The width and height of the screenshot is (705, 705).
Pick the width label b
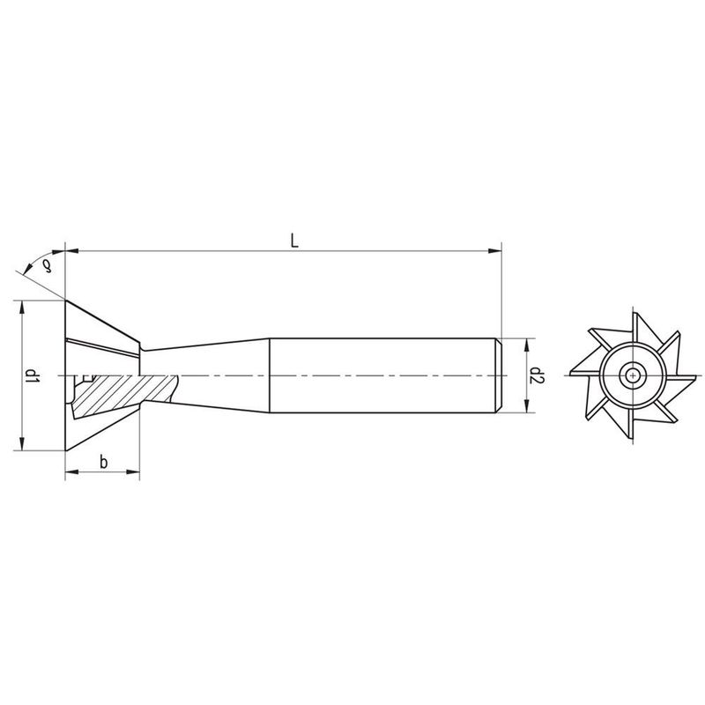[x=104, y=463]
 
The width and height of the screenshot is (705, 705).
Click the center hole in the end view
[x=631, y=376]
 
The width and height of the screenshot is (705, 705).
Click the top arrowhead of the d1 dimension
[x=19, y=305]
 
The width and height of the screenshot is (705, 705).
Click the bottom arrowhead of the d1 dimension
[x=19, y=447]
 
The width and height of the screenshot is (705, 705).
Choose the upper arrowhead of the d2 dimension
[x=526, y=342]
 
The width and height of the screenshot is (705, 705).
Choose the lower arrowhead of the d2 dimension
[x=526, y=409]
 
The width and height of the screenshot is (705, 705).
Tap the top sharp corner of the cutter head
[x=66, y=301]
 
